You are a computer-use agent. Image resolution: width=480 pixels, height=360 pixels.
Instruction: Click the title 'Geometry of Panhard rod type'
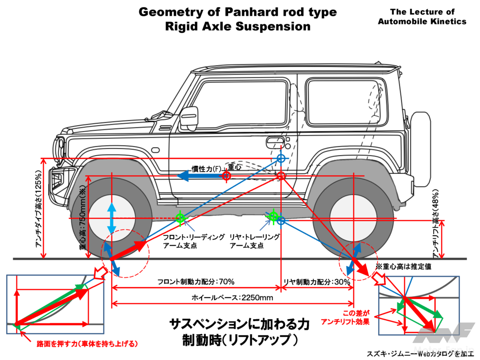pos(238,12)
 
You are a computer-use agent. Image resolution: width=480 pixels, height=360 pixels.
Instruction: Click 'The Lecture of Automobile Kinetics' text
pos(422,16)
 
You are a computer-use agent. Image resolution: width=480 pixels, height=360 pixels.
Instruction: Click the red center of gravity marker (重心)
pos(226,176)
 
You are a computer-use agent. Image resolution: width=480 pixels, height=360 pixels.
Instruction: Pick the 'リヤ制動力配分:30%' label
pos(316,282)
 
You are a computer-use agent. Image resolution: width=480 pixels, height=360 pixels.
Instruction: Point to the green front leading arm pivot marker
pos(180,217)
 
